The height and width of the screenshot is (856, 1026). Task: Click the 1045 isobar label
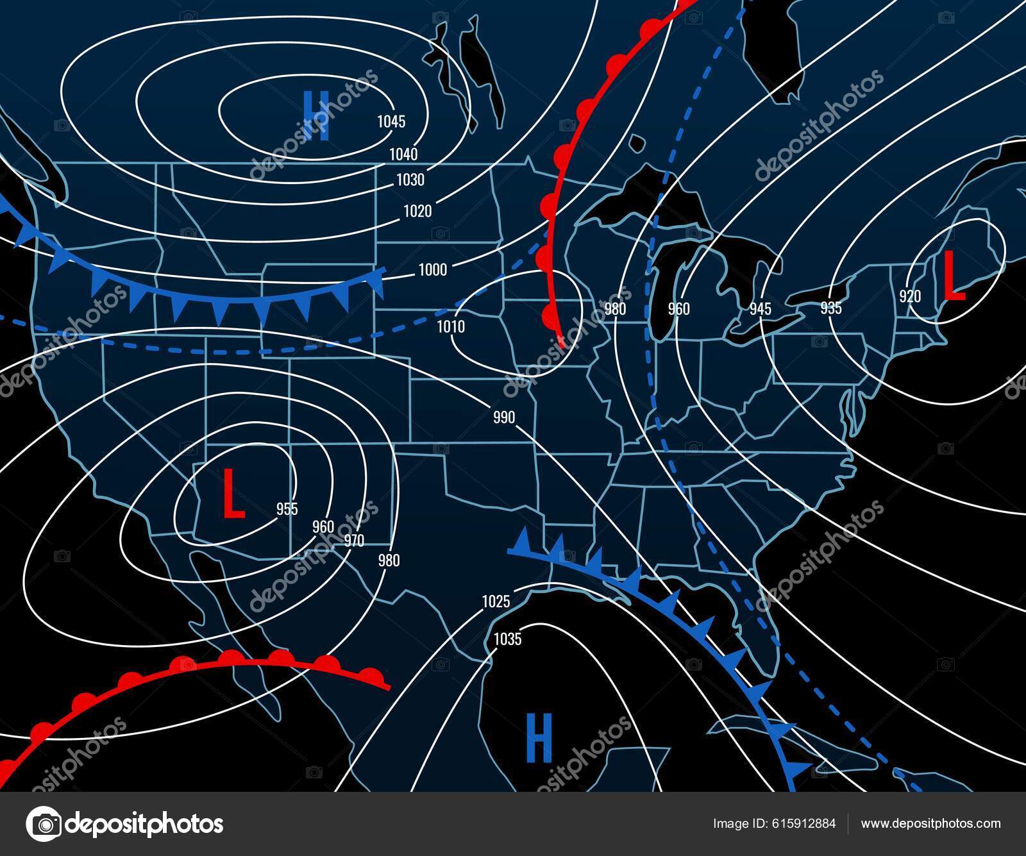391,121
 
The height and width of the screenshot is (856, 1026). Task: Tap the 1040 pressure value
403,154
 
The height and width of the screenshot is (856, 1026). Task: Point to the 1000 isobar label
432,270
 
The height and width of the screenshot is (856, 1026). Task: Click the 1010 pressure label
451,327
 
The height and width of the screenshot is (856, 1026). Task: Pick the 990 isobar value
504,417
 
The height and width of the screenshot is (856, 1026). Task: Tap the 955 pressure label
287,508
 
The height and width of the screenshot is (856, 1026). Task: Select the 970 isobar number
354,541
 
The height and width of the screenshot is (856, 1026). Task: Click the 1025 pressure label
496,601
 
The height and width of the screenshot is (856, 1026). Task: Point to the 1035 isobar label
507,639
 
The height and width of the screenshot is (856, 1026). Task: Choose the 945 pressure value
761,309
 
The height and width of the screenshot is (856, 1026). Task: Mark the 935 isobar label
830,308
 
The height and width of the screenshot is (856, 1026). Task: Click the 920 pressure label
910,296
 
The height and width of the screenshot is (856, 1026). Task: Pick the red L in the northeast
954,276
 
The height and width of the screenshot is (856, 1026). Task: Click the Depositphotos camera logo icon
44,823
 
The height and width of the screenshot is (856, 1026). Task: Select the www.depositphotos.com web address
930,823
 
